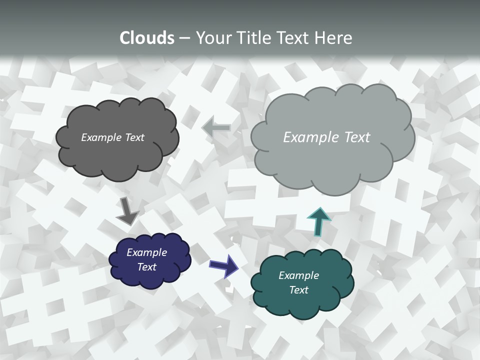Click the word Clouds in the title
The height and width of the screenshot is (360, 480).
(x=147, y=38)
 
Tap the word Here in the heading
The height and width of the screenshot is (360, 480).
(x=333, y=38)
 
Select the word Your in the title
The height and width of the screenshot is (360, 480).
(x=214, y=38)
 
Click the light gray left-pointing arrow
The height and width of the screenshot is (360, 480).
(x=216, y=128)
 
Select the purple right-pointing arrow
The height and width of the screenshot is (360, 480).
(x=223, y=265)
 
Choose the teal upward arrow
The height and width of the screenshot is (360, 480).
(x=318, y=220)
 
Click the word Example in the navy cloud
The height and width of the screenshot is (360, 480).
(x=146, y=252)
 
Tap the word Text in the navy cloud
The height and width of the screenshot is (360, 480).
(x=147, y=267)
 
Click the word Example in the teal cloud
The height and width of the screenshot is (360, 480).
(x=298, y=275)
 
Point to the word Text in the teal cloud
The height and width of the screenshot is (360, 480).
(x=299, y=290)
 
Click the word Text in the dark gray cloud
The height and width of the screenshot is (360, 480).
(x=134, y=137)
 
